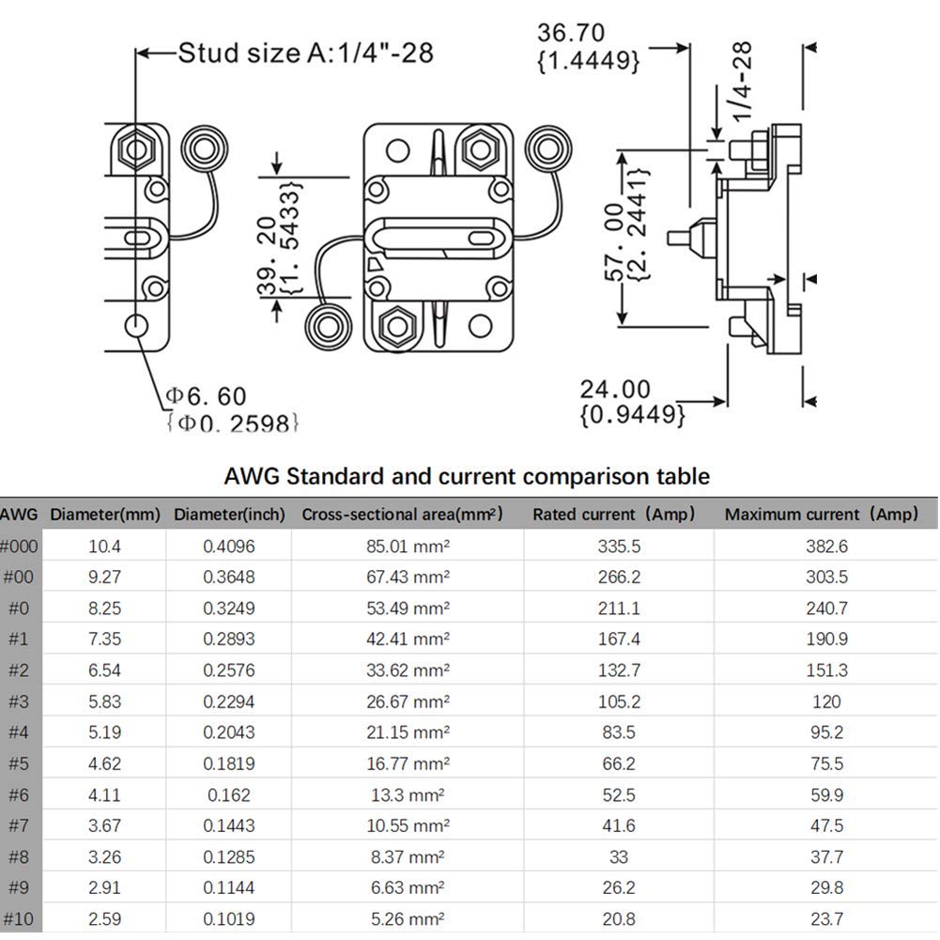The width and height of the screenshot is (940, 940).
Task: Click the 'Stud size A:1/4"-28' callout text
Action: [x=306, y=53]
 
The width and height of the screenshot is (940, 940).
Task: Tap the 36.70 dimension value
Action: [x=571, y=33]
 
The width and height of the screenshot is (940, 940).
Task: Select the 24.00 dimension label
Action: [x=615, y=389]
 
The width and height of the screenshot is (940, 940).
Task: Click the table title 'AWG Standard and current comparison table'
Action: [x=467, y=476]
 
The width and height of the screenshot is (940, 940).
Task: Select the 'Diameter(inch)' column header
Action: [x=229, y=515]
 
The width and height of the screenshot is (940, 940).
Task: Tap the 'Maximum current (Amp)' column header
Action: [x=821, y=515]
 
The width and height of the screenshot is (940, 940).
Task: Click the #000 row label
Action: [x=18, y=546]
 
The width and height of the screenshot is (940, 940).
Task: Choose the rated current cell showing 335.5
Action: [x=618, y=546]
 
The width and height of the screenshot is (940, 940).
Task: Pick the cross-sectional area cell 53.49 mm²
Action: [x=408, y=608]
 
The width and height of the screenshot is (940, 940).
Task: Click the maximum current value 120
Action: [x=826, y=701]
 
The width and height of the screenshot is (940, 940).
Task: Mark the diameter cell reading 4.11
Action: [x=104, y=794]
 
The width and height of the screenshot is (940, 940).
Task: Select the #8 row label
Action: [x=18, y=856]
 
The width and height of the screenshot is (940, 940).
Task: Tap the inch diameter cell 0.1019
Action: [x=229, y=918]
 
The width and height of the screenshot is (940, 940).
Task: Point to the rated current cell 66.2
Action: [x=618, y=763]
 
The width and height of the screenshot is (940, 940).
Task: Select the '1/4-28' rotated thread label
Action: [x=743, y=82]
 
